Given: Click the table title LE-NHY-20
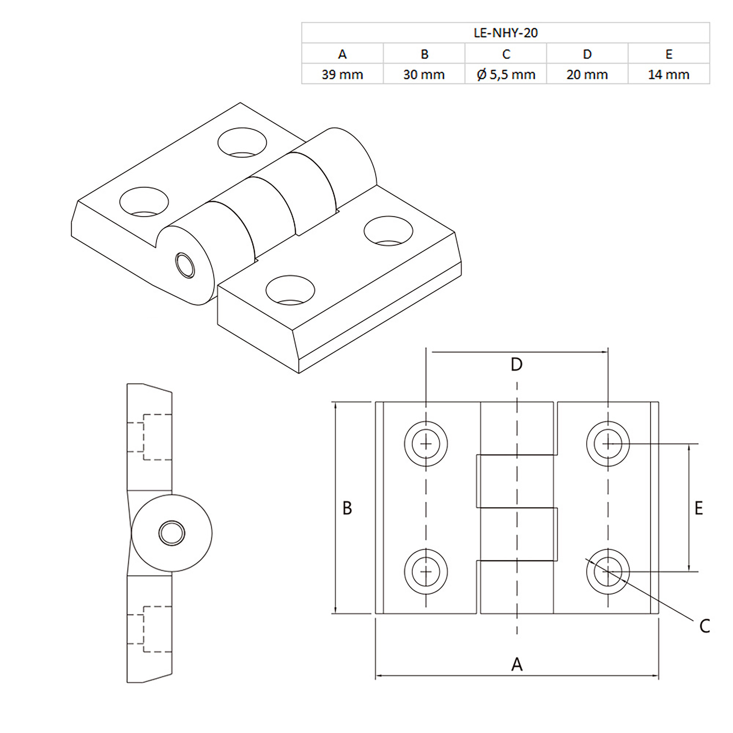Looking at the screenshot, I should pyautogui.click(x=505, y=33).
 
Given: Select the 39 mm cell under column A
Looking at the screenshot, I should pyautogui.click(x=342, y=74).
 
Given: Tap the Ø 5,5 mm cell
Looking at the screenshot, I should pyautogui.click(x=506, y=74).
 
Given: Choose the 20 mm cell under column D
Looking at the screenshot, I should pyautogui.click(x=587, y=74).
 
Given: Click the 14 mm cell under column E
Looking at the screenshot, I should pyautogui.click(x=668, y=74).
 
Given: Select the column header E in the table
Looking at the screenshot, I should pyautogui.click(x=668, y=54).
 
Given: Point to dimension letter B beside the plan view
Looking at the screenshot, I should pyautogui.click(x=347, y=508).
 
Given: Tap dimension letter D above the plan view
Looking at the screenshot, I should pyautogui.click(x=516, y=364).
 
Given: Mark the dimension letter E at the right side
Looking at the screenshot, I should pyautogui.click(x=698, y=508).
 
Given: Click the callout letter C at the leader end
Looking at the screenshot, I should pyautogui.click(x=705, y=626).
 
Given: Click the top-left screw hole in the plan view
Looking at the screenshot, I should pyautogui.click(x=426, y=444).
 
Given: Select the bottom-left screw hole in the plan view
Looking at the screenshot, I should pyautogui.click(x=426, y=572).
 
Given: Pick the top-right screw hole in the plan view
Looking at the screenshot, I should pyautogui.click(x=608, y=444).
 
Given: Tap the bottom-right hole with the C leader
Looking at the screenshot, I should pyautogui.click(x=608, y=572).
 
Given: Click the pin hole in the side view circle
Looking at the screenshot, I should pyautogui.click(x=172, y=533).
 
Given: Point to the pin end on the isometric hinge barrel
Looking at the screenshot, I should pyautogui.click(x=185, y=265).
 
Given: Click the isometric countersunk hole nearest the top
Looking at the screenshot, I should pyautogui.click(x=242, y=142).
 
